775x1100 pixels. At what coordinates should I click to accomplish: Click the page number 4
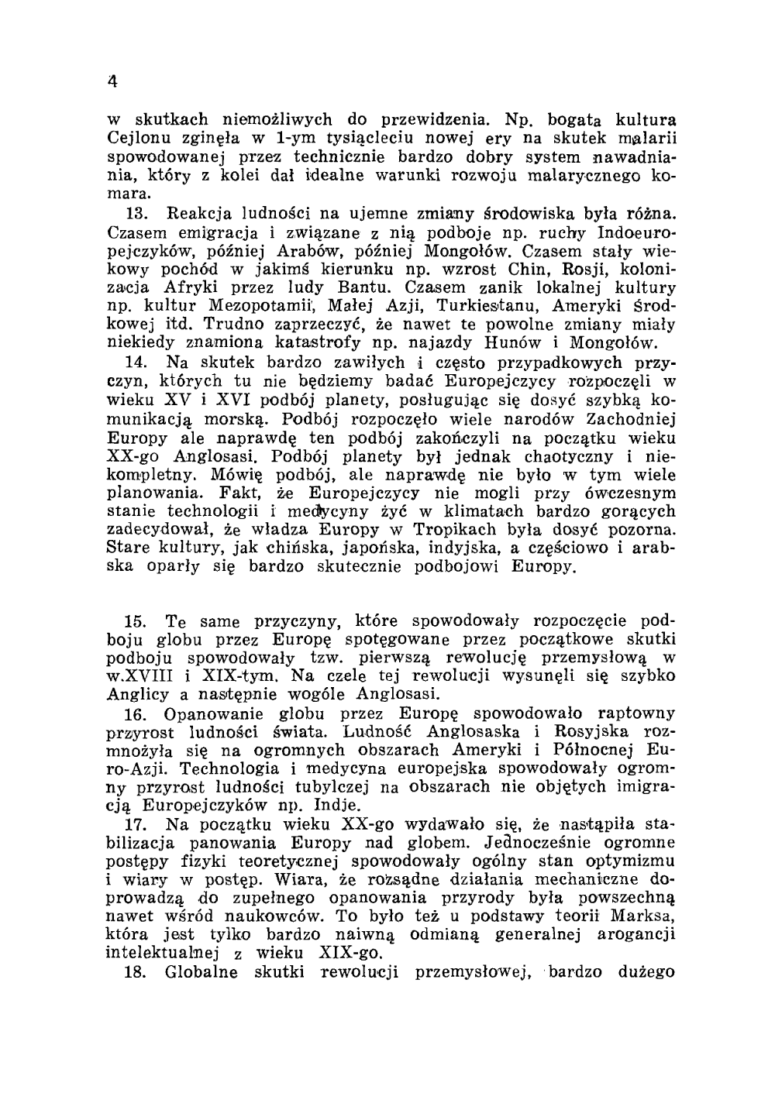tap(112, 80)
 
